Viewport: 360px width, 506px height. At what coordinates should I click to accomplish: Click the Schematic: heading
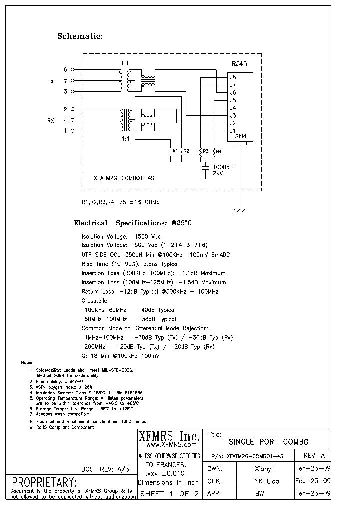(x=80, y=36)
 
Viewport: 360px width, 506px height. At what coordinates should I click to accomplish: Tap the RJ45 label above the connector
(x=239, y=64)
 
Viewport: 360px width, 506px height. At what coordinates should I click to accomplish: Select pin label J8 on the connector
(x=233, y=77)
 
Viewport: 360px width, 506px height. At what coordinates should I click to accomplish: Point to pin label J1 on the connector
(x=233, y=131)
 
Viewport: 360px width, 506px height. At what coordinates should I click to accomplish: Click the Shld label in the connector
(x=241, y=137)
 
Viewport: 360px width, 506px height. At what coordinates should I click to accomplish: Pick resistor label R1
(x=175, y=151)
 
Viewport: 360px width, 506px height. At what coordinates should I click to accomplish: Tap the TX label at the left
(x=50, y=81)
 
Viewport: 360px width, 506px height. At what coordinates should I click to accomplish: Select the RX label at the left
(x=50, y=120)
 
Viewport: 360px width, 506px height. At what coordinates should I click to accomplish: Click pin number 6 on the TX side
(x=65, y=70)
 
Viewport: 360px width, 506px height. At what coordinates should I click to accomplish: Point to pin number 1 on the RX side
(x=65, y=131)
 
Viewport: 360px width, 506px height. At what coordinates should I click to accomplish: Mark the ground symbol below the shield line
(x=240, y=211)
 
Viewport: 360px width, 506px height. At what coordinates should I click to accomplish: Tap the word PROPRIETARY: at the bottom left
(x=44, y=483)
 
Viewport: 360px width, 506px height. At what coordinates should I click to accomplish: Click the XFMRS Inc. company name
(x=168, y=436)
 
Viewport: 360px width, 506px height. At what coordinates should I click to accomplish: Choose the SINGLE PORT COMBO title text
(x=268, y=442)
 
